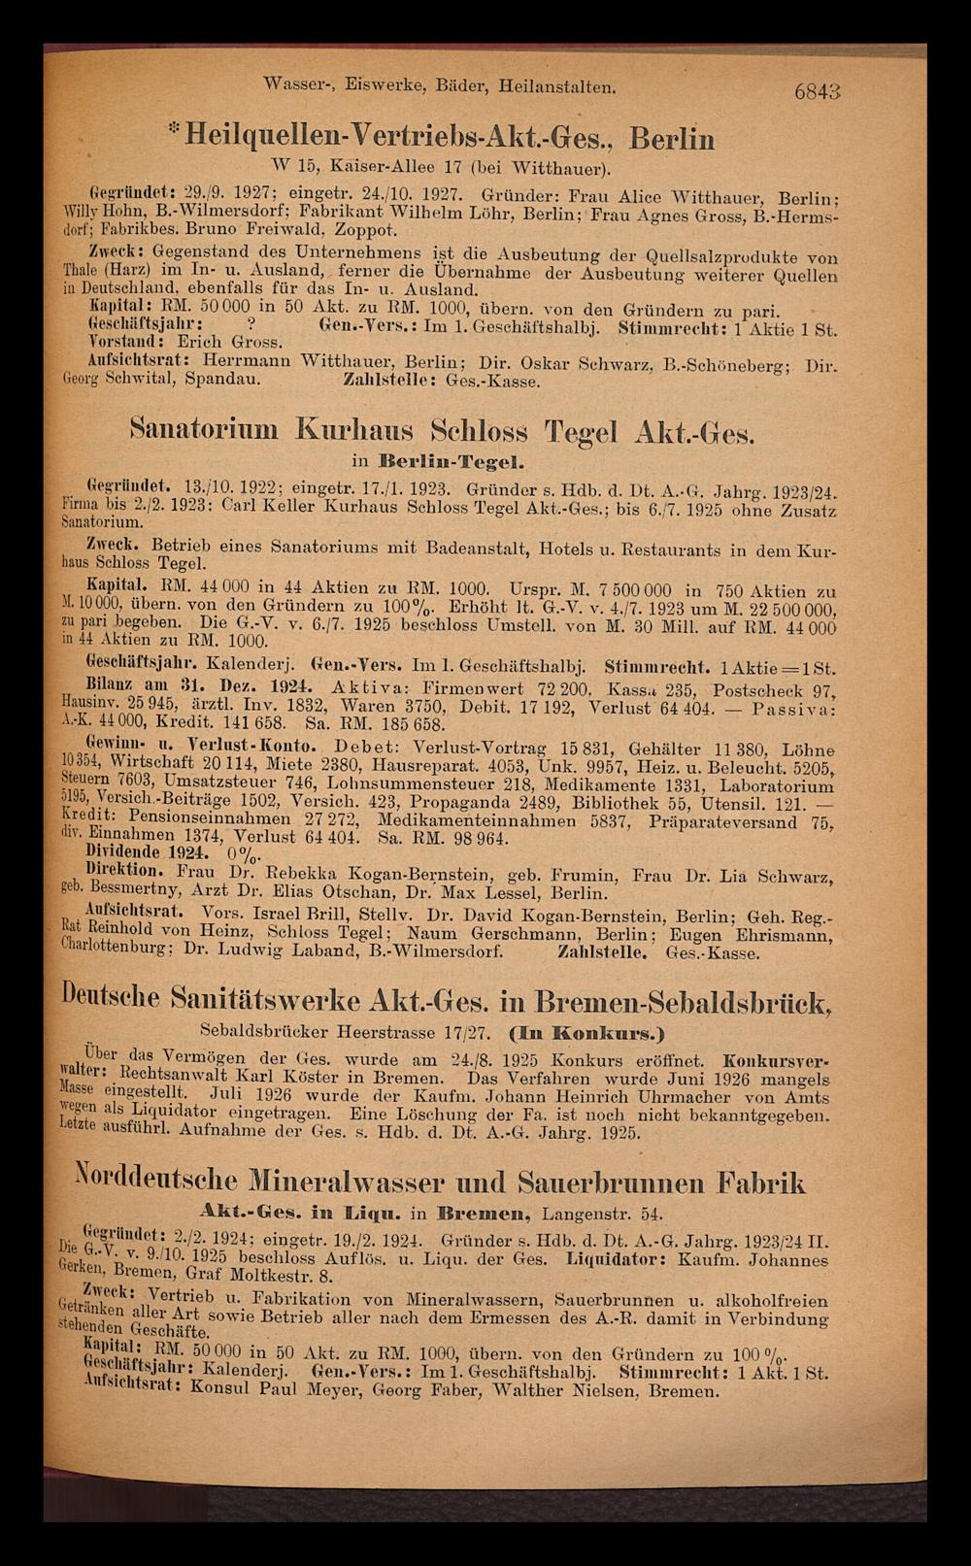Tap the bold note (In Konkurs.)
tap(597, 1027)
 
